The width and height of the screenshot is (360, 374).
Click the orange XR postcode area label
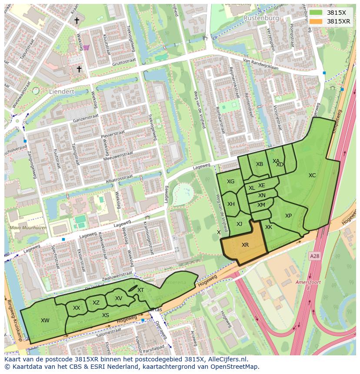click(245, 245)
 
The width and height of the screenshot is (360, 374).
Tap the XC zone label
click(312, 175)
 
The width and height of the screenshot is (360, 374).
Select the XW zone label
click(45, 321)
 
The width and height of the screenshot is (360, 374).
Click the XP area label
click(288, 216)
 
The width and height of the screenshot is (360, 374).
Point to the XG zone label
click(230, 182)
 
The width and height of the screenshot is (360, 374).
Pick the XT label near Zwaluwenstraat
click(140, 290)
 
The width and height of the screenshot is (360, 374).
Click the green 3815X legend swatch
click(316, 13)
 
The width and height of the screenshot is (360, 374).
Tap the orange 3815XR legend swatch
click(316, 21)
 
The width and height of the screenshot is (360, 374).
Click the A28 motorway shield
click(314, 257)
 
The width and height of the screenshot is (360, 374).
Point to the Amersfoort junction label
click(308, 282)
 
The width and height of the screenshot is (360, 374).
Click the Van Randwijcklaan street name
click(260, 64)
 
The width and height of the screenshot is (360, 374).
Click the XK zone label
click(269, 227)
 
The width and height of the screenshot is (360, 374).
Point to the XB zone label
click(260, 164)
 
